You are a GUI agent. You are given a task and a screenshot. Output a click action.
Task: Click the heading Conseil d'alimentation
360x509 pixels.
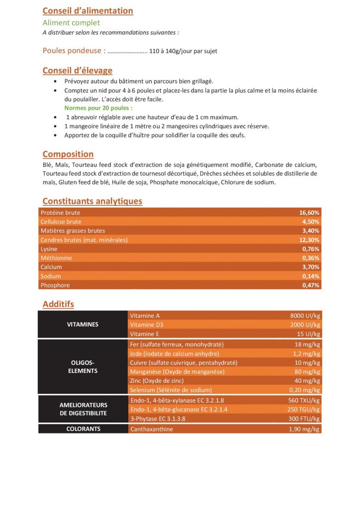tap(88, 11)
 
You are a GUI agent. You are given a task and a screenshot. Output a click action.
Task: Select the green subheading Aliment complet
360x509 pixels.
tap(71, 23)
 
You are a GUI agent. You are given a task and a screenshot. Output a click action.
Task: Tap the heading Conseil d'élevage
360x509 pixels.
tap(77, 71)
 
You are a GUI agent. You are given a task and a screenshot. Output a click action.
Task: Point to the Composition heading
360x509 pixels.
tap(68, 154)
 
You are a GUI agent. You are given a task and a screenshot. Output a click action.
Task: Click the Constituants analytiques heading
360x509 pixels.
tap(92, 201)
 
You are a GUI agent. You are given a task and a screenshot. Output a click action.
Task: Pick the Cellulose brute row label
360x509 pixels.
tap(61, 222)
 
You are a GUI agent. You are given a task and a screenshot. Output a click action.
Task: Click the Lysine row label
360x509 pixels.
tap(49, 249)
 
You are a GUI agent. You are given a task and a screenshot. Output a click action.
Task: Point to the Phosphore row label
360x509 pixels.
tap(55, 285)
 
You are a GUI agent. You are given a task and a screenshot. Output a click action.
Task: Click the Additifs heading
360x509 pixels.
tap(58, 304)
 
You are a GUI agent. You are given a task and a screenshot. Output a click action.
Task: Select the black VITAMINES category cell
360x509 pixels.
tap(83, 325)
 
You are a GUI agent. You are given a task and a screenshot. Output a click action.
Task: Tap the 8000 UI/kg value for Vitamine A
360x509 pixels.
tap(305, 316)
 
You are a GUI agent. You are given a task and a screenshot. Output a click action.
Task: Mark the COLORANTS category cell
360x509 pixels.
tap(83, 429)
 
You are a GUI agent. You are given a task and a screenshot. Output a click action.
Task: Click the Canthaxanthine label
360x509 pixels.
tap(152, 429)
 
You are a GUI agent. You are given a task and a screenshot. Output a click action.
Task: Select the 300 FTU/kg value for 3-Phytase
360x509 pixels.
tap(303, 419)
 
